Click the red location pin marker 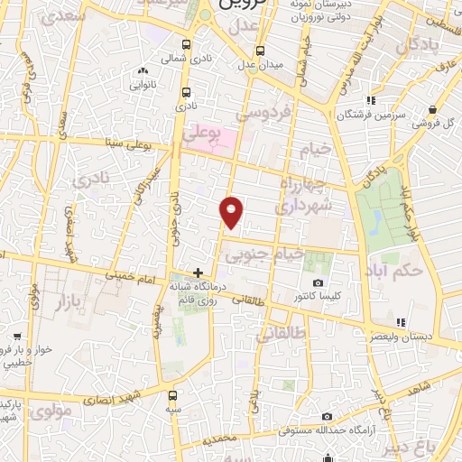click(x=232, y=211)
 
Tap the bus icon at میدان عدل click(x=261, y=51)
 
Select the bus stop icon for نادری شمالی click(x=187, y=44)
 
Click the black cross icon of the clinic click(x=199, y=273)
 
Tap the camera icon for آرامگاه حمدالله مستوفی click(x=327, y=416)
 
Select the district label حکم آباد click(x=402, y=268)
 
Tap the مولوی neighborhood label click(x=50, y=412)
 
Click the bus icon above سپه click(x=173, y=395)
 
